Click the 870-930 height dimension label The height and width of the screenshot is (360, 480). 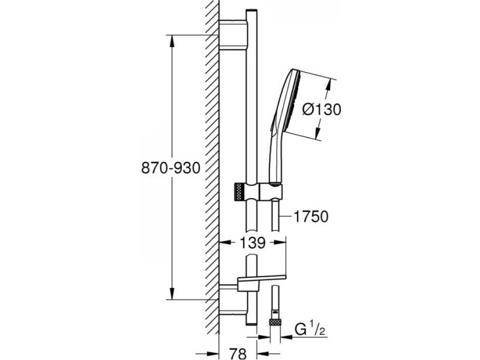pos(170,168)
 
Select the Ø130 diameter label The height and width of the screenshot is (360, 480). pos(322,109)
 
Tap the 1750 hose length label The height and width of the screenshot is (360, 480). pos(311,217)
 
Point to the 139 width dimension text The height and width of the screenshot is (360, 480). pos(253,242)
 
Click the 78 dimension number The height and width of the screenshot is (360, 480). pos(238,353)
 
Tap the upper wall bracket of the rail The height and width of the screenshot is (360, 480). pos(233,35)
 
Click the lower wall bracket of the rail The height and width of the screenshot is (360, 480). pos(233,299)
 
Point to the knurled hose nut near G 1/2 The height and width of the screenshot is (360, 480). pos(275,322)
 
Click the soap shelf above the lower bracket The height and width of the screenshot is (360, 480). pos(262,279)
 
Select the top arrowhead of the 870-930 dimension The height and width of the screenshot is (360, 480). pos(172,41)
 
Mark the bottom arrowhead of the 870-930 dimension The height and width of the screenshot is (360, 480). pos(172,293)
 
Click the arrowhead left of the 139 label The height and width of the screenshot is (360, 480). pos(226,242)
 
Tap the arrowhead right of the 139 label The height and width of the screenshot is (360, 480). pos(280,242)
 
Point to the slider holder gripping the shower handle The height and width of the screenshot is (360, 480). pos(271,192)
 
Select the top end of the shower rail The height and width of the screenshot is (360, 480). pos(251,10)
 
